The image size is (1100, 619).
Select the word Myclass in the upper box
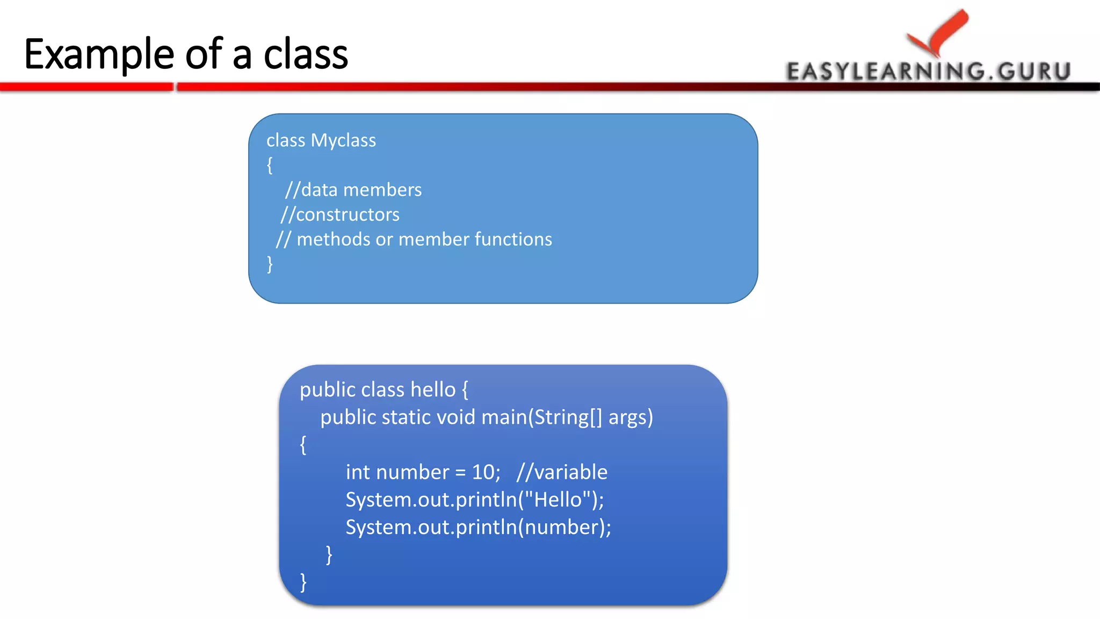tap(343, 141)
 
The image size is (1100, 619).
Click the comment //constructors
tap(340, 215)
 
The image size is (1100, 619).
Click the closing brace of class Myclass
tap(270, 264)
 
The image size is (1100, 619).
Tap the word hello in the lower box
tap(433, 390)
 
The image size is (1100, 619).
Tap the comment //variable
tap(562, 472)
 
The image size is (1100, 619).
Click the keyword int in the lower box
tap(358, 472)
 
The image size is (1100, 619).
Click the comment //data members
tap(353, 190)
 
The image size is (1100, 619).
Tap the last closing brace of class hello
tap(303, 582)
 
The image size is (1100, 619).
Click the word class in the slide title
tap(306, 55)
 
